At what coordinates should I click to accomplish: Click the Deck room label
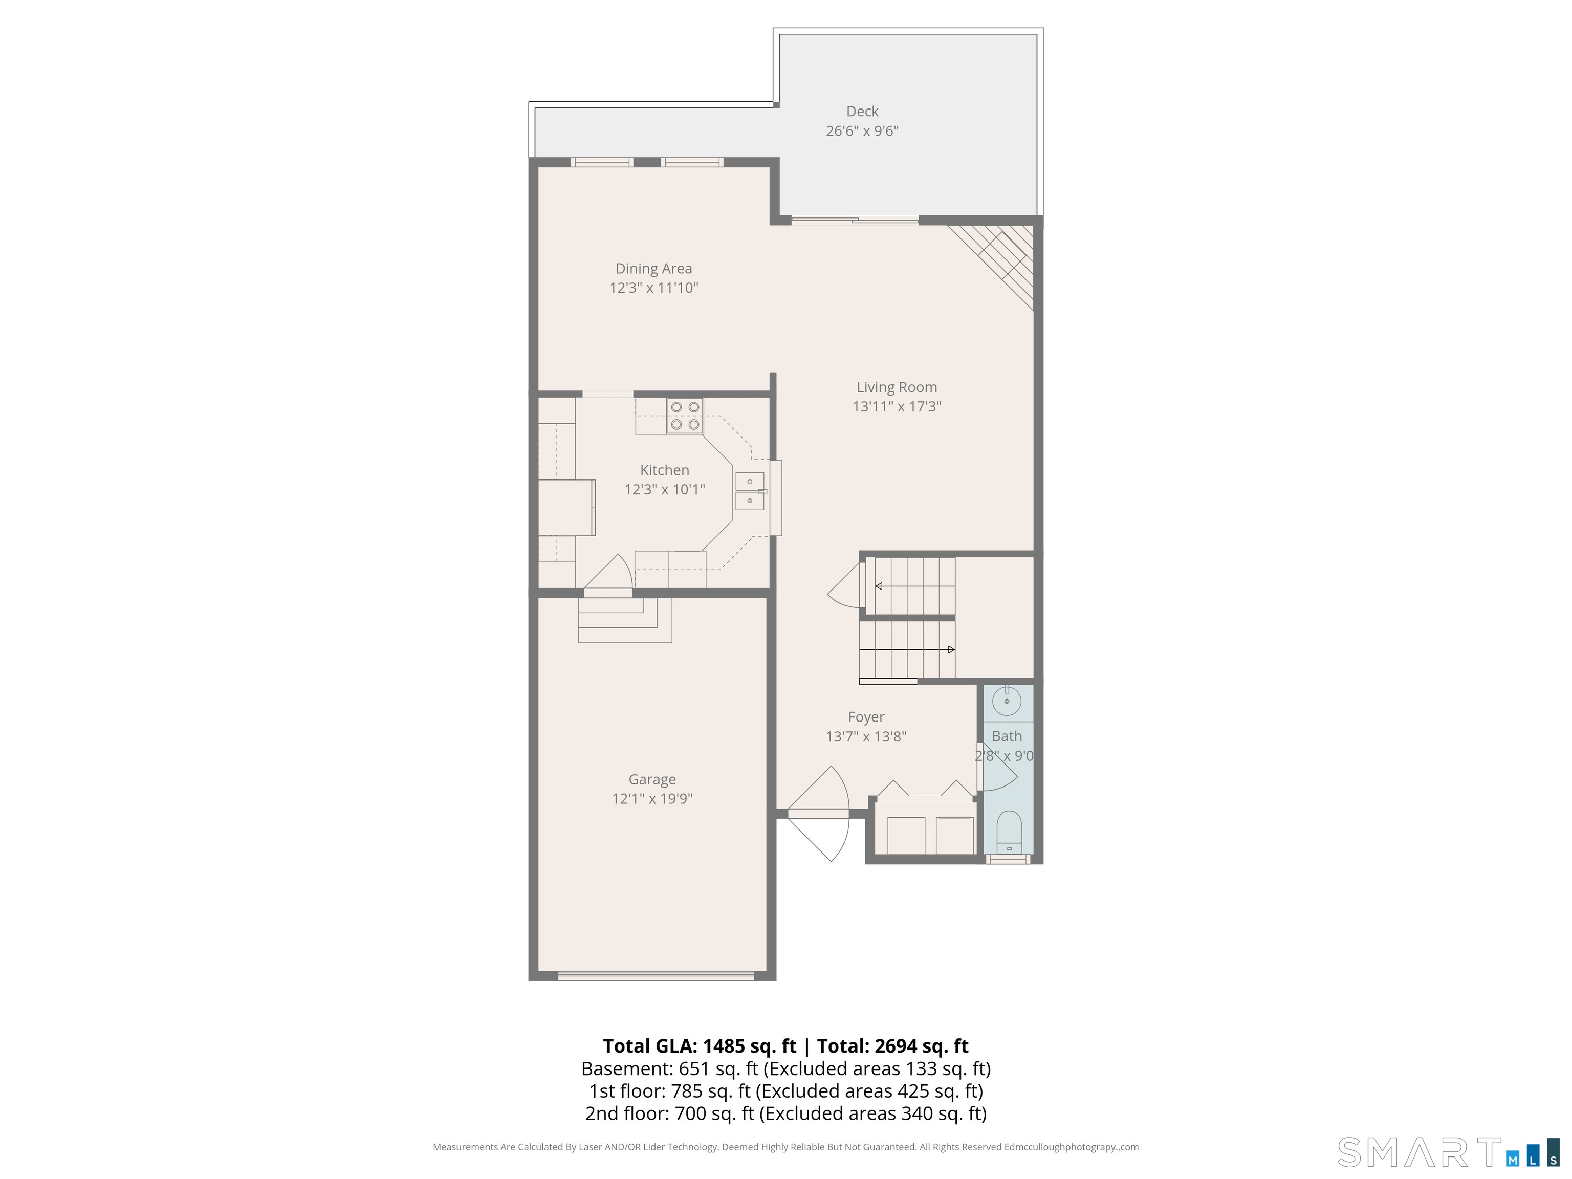pos(862,112)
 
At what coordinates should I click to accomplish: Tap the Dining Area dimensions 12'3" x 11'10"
pos(654,288)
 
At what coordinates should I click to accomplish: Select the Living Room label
pos(897,387)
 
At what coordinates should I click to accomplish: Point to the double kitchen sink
pos(750,491)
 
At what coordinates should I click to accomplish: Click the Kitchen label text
pos(665,470)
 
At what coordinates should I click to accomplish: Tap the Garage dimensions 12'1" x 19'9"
pos(652,799)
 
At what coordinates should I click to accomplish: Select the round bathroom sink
pos(1007,702)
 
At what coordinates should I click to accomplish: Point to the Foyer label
pos(866,717)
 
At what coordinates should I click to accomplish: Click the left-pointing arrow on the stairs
pos(915,586)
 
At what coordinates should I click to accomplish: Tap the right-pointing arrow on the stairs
pos(907,649)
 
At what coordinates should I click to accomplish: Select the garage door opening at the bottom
pos(656,976)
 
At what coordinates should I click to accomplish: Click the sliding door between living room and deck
pos(856,220)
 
